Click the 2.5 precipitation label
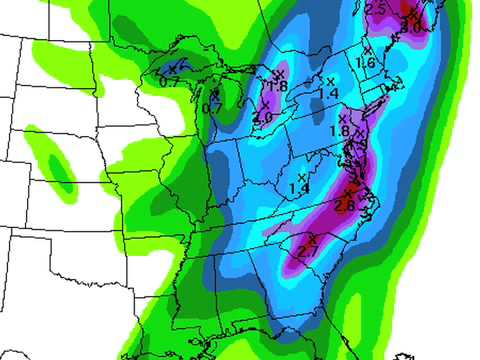click(x=376, y=9)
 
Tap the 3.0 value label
click(x=410, y=27)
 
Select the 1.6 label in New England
click(x=366, y=63)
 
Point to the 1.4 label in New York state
click(x=328, y=93)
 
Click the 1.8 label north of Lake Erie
click(x=278, y=87)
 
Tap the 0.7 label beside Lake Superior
click(x=169, y=80)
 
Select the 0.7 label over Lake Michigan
click(x=212, y=107)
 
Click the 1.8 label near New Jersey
click(x=339, y=131)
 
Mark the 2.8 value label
click(x=346, y=205)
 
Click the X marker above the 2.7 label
click(x=312, y=239)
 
